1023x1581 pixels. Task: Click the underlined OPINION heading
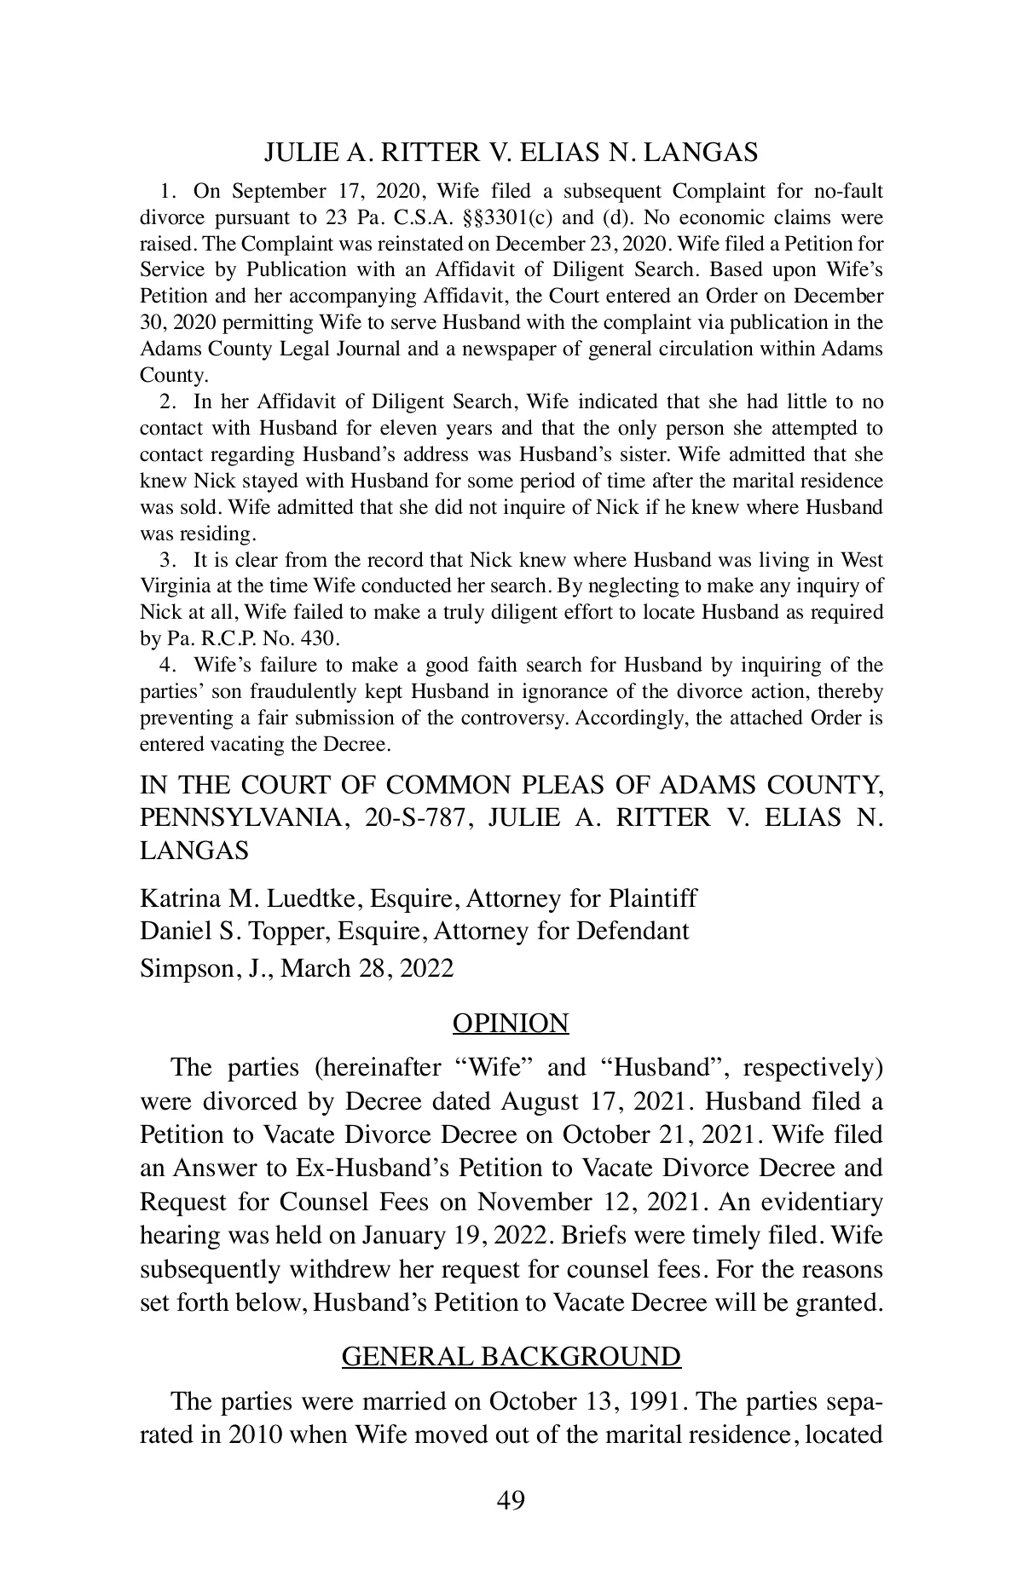pos(511,1023)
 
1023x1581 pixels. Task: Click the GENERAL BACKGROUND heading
pos(511,1356)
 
